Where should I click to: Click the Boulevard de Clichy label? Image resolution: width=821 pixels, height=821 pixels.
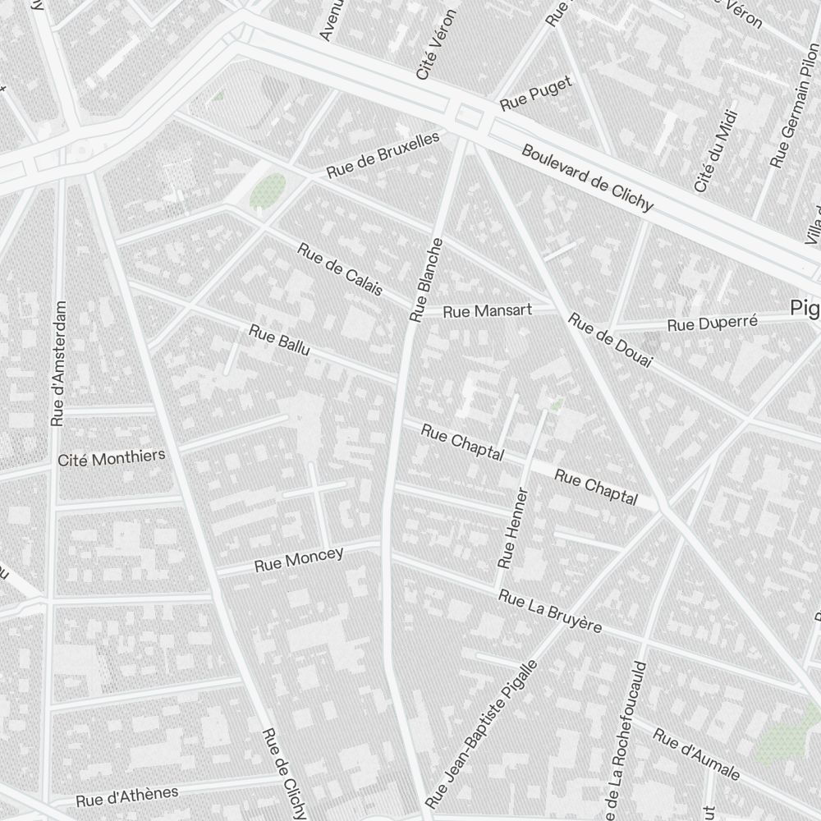pos(587,178)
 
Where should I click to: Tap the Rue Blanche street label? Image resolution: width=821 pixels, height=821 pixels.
pos(428,280)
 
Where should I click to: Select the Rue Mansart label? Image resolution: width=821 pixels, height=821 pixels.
pos(488,311)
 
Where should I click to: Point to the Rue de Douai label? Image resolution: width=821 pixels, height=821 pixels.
pos(609,340)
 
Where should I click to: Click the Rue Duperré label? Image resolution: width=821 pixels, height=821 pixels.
pos(712,323)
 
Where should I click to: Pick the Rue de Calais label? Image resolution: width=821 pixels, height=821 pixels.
pos(340,268)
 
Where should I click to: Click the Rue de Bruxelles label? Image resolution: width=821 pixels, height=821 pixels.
pos(383,155)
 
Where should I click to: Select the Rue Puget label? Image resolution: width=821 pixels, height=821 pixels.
pos(535,94)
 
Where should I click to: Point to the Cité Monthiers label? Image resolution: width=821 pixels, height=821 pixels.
pos(112,457)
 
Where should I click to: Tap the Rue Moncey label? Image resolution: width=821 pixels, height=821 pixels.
pos(299,560)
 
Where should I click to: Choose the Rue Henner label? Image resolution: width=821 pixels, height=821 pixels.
pos(513,528)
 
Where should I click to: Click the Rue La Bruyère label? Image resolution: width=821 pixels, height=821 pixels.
pos(549,612)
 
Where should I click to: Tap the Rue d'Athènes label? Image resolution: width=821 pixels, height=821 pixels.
pos(127,796)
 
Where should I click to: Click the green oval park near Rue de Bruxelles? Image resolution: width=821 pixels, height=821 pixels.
pos(268,191)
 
